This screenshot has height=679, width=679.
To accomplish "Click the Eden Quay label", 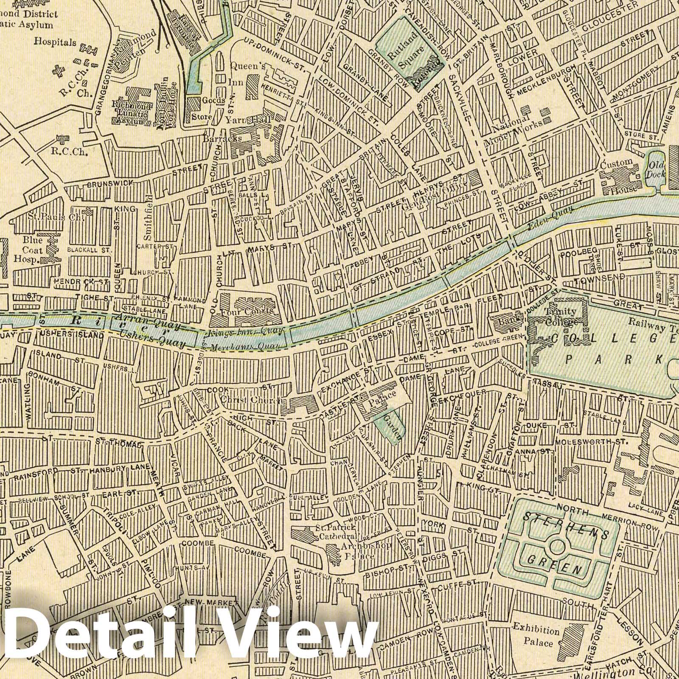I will point(551,218).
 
